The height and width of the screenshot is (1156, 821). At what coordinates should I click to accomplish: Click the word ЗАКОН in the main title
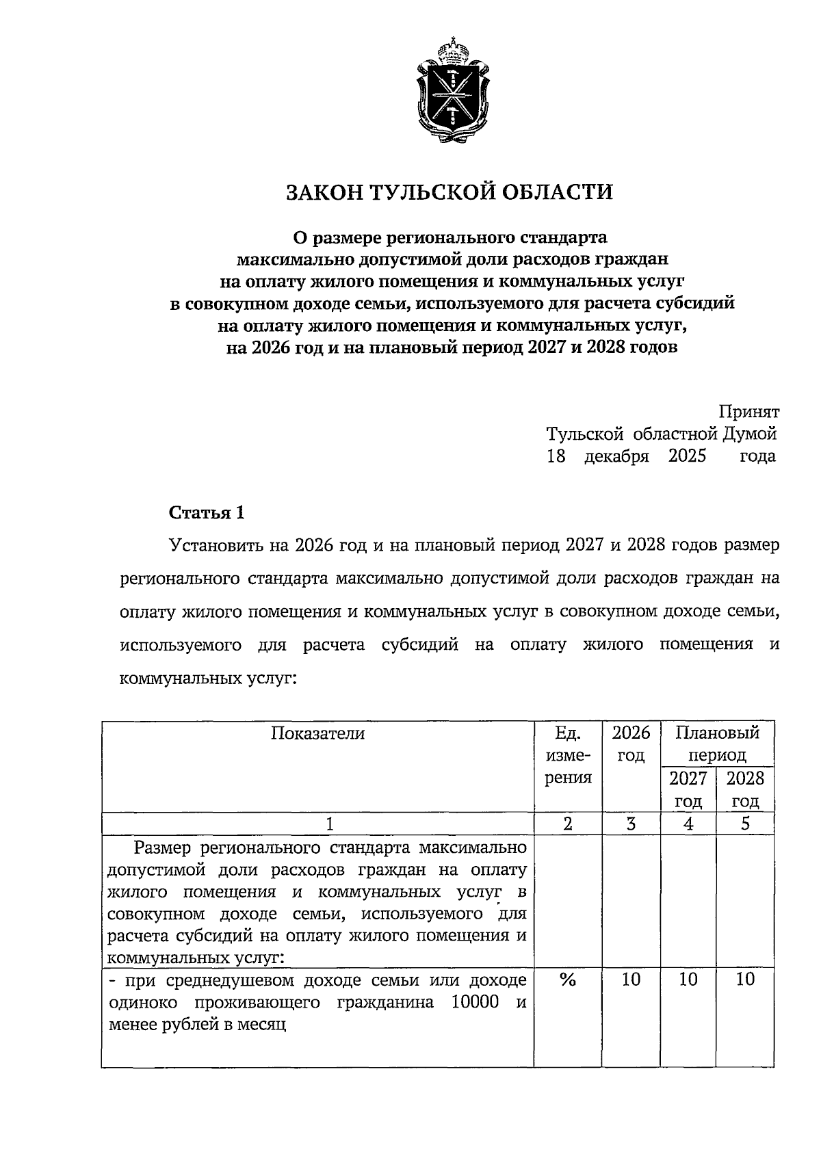324,192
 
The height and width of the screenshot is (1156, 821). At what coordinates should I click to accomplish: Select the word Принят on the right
749,412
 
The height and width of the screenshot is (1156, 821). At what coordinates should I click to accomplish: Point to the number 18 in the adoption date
556,456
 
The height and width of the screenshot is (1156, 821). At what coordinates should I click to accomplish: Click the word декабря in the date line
616,456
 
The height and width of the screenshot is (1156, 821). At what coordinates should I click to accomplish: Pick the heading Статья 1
206,512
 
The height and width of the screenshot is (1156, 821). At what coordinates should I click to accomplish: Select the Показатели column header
317,733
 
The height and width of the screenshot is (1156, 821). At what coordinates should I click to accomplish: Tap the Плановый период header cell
717,744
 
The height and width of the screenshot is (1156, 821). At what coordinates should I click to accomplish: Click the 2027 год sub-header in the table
688,789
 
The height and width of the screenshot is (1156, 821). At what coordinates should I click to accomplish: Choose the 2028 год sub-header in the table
745,789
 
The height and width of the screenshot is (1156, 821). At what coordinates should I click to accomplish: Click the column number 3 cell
631,824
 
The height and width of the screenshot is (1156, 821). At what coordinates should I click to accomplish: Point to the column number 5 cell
745,824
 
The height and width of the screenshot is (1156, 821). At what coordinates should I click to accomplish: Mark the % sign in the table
567,980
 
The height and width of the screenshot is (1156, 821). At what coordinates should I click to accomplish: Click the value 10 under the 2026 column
631,980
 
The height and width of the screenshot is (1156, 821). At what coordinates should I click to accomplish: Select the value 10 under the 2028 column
745,980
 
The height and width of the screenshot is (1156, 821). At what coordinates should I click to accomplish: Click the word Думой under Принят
749,434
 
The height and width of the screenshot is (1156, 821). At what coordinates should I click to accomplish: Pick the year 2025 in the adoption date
687,456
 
